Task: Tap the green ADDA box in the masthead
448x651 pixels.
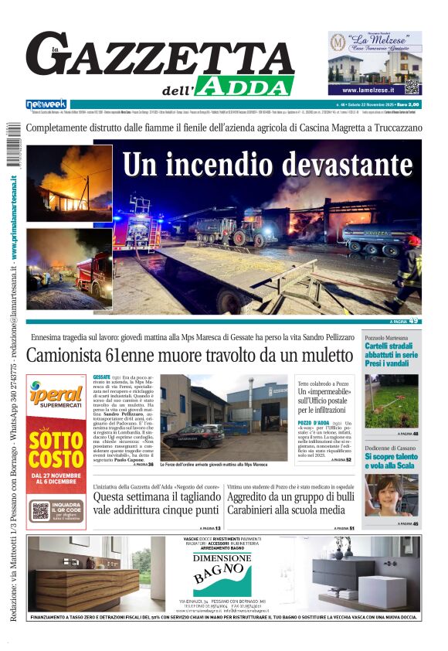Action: click(245, 85)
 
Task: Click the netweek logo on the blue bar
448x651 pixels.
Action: click(46, 104)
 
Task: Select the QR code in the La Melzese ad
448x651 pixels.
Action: click(412, 85)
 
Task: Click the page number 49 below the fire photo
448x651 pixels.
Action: click(415, 321)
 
